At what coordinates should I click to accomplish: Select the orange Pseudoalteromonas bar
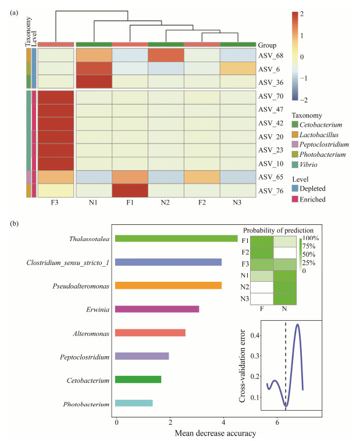point(168,285)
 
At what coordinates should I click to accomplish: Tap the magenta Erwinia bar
point(157,309)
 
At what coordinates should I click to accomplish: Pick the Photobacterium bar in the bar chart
point(134,403)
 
